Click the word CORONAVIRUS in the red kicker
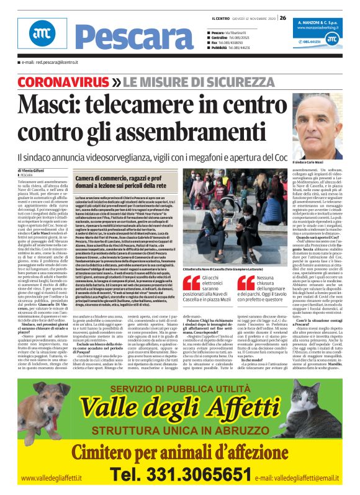pyautogui.click(x=54, y=81)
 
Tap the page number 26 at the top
pyautogui.click(x=283, y=18)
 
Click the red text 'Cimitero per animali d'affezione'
pyautogui.click(x=181, y=450)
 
